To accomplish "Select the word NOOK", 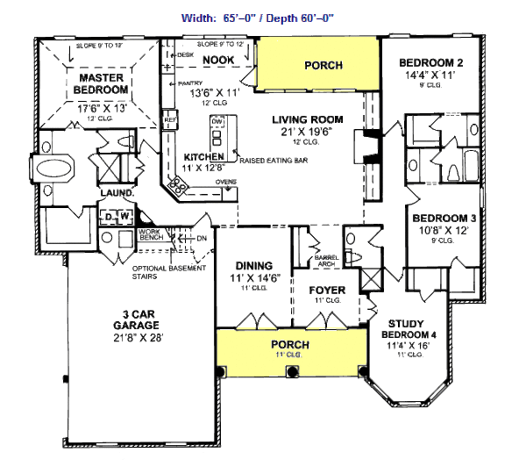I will tap(217, 60).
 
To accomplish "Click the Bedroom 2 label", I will tap(430, 63).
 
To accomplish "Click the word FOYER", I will tap(327, 290).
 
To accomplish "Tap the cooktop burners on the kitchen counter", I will tap(176, 185).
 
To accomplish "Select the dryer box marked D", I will tap(110, 216).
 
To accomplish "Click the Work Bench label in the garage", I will tap(152, 236).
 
